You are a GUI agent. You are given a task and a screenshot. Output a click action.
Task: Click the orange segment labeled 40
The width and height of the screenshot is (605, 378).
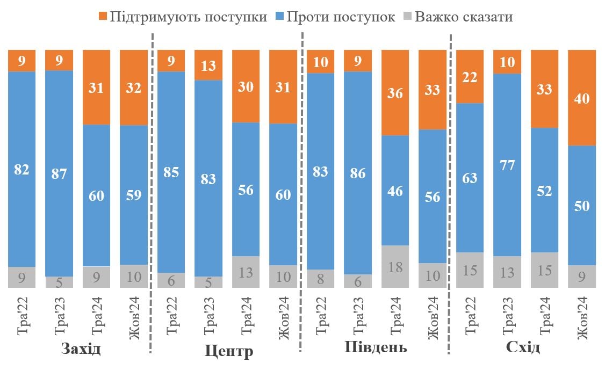pyautogui.click(x=582, y=98)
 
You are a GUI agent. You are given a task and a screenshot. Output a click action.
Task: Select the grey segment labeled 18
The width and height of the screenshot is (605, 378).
pyautogui.click(x=395, y=266)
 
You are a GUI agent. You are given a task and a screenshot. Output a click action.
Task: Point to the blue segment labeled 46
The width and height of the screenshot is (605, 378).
pyautogui.click(x=395, y=190)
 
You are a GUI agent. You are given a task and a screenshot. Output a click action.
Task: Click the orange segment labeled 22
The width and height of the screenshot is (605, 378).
pyautogui.click(x=470, y=76)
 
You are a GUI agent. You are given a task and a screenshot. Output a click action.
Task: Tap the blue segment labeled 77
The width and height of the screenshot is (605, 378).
pyautogui.click(x=507, y=165)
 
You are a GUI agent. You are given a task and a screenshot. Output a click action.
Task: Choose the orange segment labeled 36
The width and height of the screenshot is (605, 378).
pyautogui.click(x=395, y=92)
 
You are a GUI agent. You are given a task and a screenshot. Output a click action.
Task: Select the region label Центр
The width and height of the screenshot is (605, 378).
pyautogui.click(x=229, y=352)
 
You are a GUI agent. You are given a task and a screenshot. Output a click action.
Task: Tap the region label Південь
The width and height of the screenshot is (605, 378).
pyautogui.click(x=376, y=347)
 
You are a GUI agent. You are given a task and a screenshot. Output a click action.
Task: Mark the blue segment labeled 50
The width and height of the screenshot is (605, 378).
pyautogui.click(x=582, y=205)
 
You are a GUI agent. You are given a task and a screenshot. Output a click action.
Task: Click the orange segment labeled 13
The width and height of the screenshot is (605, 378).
pyautogui.click(x=208, y=65)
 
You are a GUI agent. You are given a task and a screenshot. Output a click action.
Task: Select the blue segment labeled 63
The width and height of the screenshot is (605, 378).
pyautogui.click(x=470, y=177)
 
